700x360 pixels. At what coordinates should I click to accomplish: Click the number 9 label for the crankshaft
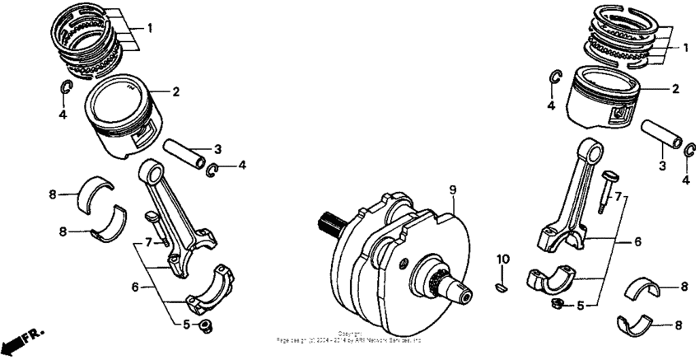coord(452,189)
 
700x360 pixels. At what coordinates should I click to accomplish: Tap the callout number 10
coord(502,259)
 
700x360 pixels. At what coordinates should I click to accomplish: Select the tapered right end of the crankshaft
coord(453,289)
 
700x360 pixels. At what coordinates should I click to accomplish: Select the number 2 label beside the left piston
coord(175,91)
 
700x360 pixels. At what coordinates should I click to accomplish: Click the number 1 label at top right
coord(685,49)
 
